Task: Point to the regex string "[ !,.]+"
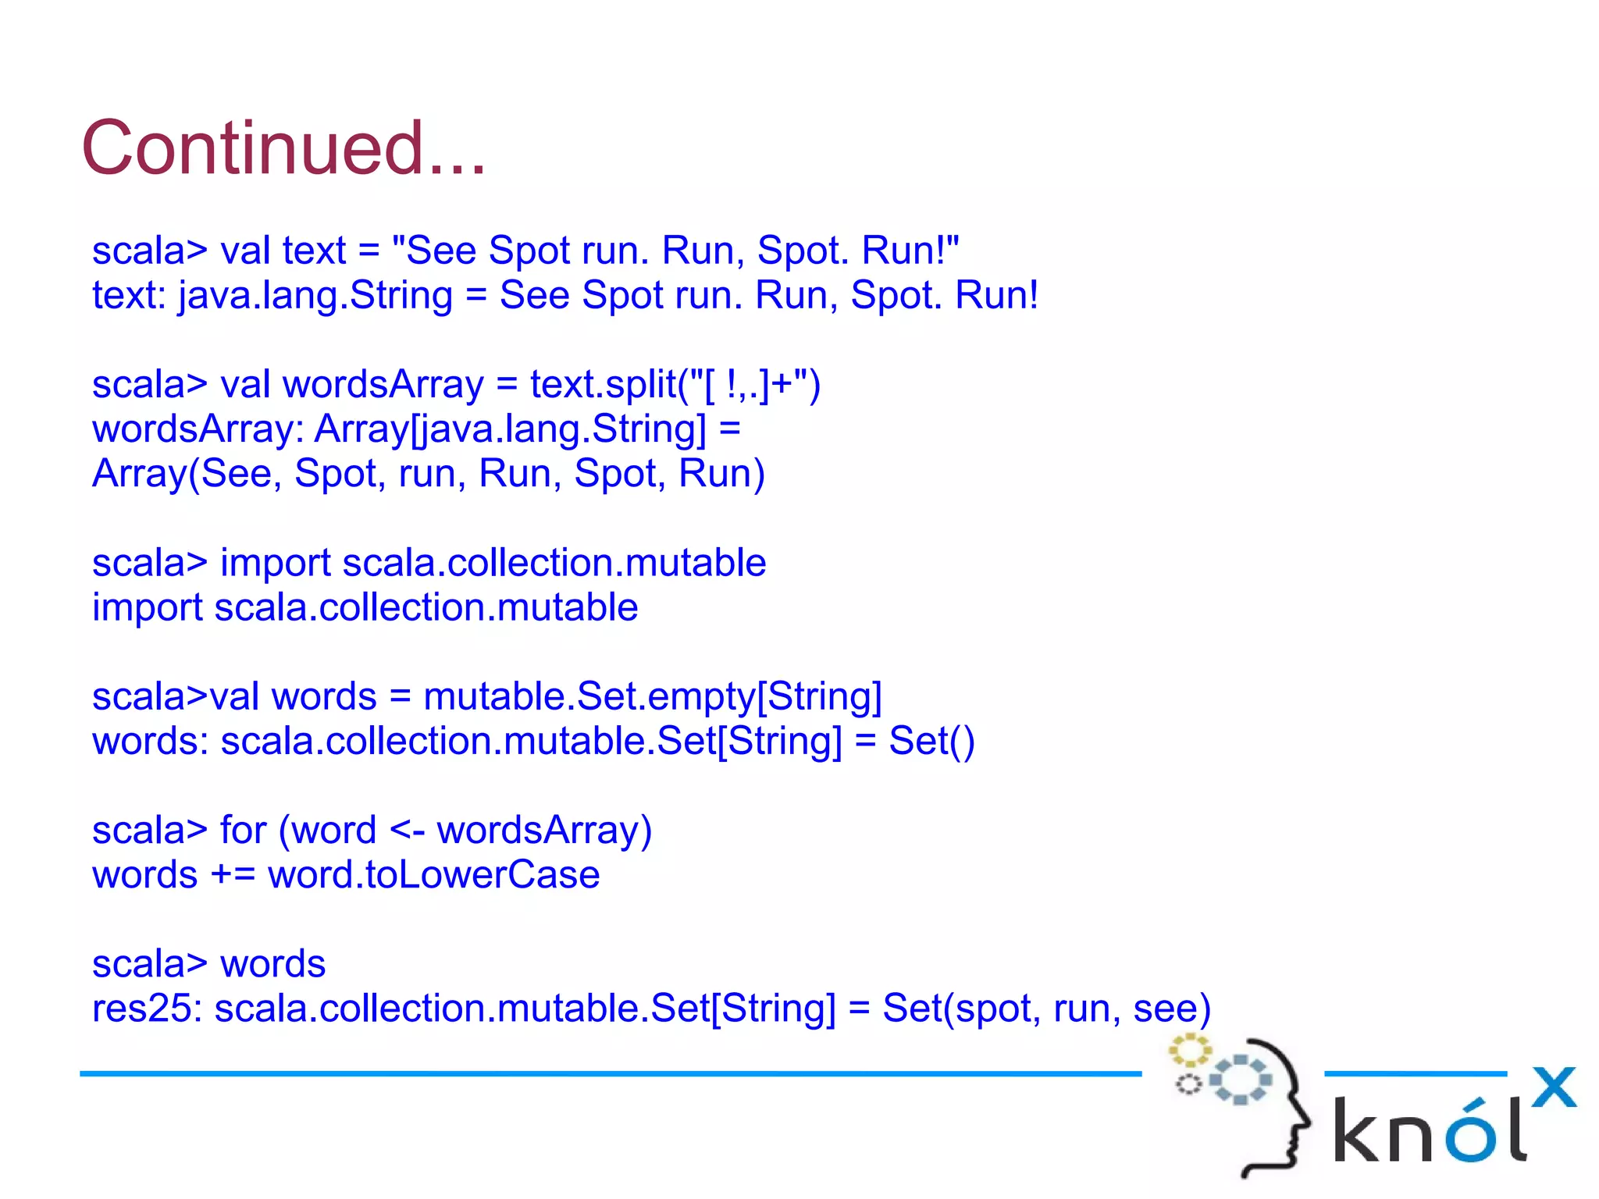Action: [x=747, y=385]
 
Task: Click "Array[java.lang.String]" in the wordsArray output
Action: [x=510, y=429]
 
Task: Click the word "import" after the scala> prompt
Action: [x=275, y=564]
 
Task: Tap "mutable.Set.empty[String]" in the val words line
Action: [x=652, y=697]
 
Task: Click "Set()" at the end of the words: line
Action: [x=931, y=742]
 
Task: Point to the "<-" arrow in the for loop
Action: [x=407, y=831]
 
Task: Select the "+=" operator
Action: [x=233, y=875]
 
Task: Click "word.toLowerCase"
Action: [x=433, y=875]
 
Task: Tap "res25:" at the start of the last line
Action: [x=148, y=1009]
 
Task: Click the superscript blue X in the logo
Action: [x=1553, y=1087]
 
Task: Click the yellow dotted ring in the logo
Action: [x=1189, y=1050]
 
